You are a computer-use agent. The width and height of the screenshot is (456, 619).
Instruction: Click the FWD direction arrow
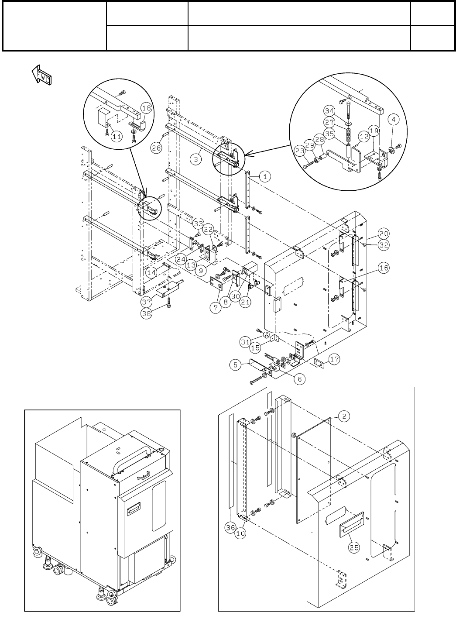[x=42, y=75]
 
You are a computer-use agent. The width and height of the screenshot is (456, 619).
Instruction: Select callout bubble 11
[x=116, y=136]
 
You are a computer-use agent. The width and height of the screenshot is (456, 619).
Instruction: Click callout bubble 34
[x=330, y=111]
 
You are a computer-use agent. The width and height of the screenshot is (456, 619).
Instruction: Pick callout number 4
[x=394, y=118]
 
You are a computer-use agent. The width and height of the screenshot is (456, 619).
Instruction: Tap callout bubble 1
[x=264, y=177]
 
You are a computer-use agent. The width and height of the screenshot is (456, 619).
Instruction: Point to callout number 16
[x=384, y=268]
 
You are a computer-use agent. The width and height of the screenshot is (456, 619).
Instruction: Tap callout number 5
[x=236, y=365]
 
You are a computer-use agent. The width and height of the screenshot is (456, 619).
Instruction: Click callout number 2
[x=344, y=416]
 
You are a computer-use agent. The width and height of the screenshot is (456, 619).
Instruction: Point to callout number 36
[x=230, y=527]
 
